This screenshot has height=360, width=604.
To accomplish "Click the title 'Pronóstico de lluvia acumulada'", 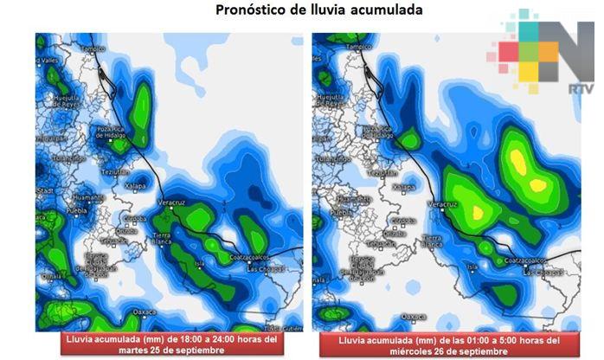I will (x=301, y=11).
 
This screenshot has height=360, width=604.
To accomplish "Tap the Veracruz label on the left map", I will (x=172, y=201).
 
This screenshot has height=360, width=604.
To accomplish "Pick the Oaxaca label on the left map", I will (x=144, y=311).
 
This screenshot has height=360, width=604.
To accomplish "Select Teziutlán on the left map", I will (x=117, y=172).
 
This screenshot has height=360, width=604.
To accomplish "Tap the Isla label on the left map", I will (x=201, y=265).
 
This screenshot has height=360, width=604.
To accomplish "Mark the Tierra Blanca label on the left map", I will (x=164, y=239).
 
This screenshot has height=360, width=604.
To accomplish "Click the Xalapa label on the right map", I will (x=403, y=187).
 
